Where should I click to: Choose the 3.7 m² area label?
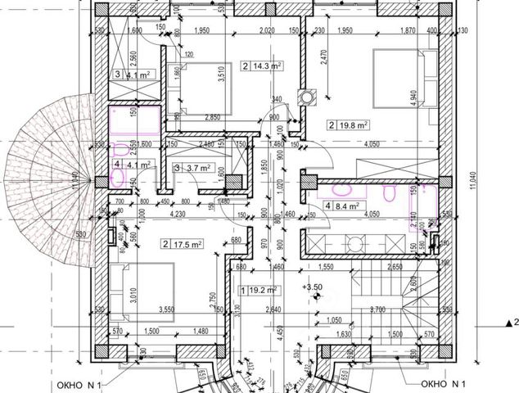pos(198,168)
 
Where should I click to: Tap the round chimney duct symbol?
pos(309,96)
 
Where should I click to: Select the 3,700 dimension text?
pos(377,310)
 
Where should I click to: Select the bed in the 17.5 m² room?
pos(147,286)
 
